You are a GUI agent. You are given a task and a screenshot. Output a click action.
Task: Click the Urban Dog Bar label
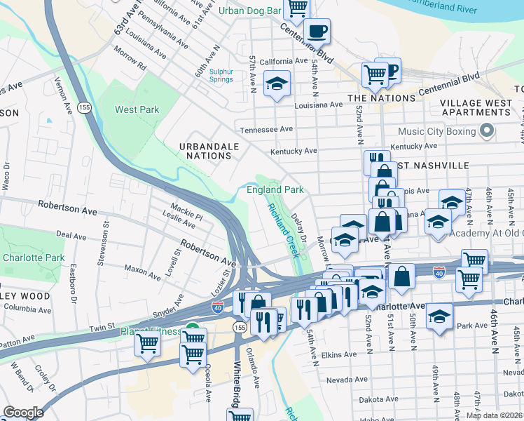[249, 11]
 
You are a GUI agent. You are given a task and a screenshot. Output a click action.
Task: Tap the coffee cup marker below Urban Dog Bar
[317, 32]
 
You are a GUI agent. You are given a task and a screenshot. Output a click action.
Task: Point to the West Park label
[137, 109]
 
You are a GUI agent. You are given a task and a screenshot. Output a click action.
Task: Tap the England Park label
[275, 189]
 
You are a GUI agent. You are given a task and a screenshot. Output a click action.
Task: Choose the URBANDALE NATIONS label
[209, 151]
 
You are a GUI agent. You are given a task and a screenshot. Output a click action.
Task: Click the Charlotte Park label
[34, 258]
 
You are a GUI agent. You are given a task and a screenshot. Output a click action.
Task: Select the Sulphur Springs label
[221, 76]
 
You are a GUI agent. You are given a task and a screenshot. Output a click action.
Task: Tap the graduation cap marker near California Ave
[277, 84]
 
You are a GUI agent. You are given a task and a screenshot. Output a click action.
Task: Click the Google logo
[23, 413]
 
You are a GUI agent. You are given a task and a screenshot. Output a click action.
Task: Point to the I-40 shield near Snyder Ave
[217, 307]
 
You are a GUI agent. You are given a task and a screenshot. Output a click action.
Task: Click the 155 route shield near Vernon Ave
[85, 107]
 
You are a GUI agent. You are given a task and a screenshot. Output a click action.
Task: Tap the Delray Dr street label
[299, 229]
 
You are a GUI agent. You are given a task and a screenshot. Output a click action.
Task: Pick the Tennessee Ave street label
[266, 130]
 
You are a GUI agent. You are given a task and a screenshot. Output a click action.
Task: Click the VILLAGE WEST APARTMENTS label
[475, 107]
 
